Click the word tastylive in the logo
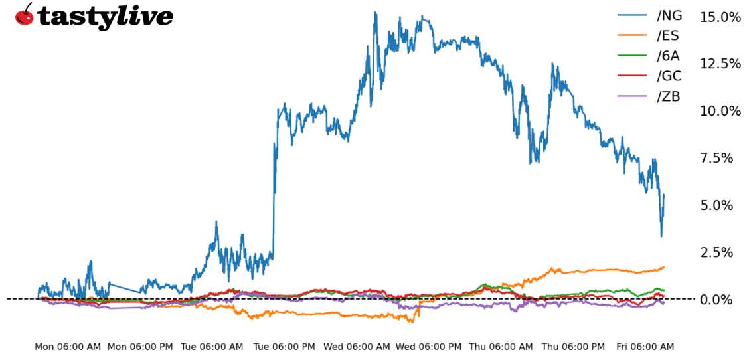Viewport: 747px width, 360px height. tap(106, 17)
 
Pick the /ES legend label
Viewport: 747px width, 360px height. tap(669, 36)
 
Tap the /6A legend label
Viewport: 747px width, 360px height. tap(669, 56)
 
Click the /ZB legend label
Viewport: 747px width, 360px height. tap(669, 96)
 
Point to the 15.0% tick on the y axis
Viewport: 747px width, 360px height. tap(720, 17)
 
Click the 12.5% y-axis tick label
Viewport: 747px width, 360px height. tap(720, 64)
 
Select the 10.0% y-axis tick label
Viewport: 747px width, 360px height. tap(720, 111)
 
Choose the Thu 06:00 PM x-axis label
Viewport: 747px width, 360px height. tap(573, 347)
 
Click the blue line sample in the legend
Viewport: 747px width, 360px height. tap(632, 15)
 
